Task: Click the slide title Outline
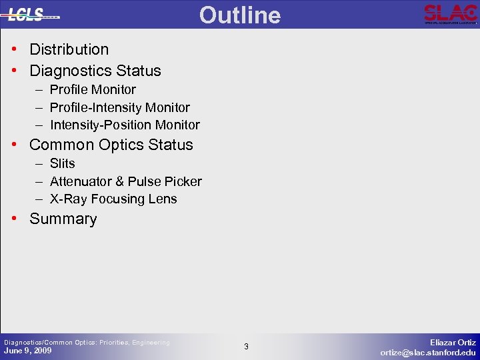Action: click(240, 15)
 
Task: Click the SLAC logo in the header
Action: click(451, 14)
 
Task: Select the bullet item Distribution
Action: click(69, 49)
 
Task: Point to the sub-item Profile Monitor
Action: click(93, 89)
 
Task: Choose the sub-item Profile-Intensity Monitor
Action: click(120, 107)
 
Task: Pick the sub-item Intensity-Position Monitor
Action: click(125, 125)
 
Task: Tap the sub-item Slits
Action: click(63, 163)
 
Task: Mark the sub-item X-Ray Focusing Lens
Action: click(113, 199)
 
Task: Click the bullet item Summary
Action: click(63, 219)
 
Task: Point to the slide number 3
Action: click(246, 347)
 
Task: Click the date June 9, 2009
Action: click(27, 351)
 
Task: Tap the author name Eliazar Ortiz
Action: click(453, 341)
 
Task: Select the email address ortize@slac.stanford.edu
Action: click(428, 353)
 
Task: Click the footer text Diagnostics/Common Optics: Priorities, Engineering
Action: click(87, 342)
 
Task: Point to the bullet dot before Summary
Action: click(14, 219)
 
